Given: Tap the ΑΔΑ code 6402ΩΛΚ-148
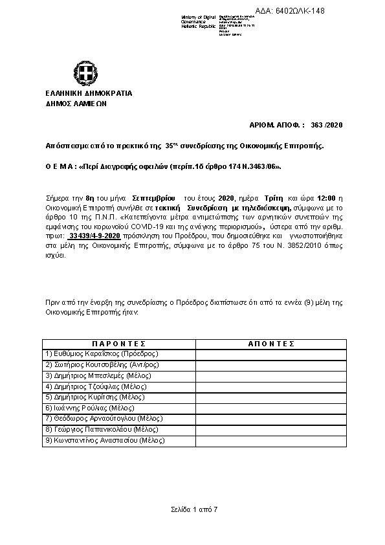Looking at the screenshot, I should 345,11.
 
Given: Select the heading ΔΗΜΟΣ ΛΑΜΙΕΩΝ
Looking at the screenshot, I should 76,104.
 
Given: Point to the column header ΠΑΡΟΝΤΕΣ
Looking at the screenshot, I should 119,344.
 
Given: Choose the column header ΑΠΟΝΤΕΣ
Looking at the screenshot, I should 271,344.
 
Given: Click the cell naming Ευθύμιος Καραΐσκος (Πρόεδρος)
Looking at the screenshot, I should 102,353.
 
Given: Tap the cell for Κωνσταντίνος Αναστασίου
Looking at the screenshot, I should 105,441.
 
